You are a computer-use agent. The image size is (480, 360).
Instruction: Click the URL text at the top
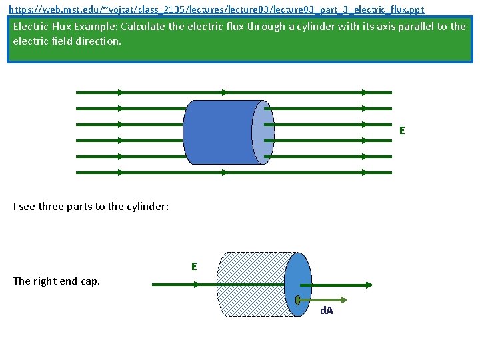click(216, 10)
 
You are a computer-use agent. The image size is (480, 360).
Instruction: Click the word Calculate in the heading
click(148, 27)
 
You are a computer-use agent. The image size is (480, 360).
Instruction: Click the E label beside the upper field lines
click(402, 131)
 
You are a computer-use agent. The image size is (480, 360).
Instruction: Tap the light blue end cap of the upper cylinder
click(263, 133)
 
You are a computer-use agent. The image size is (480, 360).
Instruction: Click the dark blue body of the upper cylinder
click(217, 132)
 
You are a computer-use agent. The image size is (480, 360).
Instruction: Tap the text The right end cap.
click(57, 281)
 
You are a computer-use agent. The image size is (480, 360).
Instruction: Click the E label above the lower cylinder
click(194, 267)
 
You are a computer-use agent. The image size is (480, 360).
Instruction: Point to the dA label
click(327, 311)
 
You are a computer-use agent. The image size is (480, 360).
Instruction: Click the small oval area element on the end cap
click(298, 299)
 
